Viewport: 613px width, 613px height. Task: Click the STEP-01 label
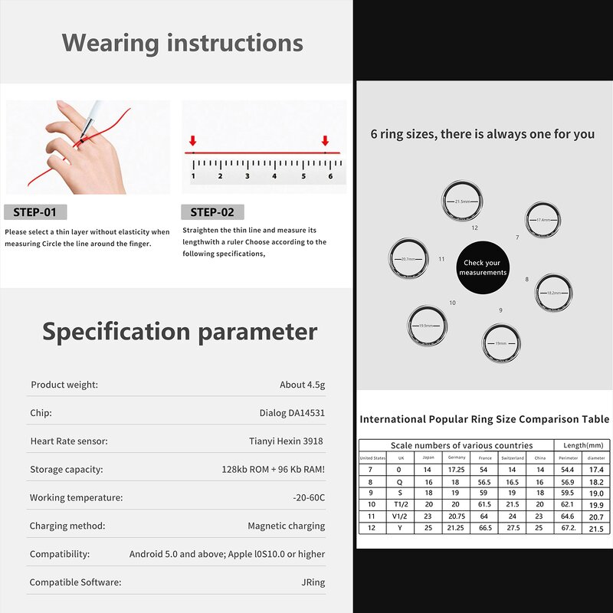(35, 212)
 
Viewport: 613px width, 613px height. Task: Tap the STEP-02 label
(212, 212)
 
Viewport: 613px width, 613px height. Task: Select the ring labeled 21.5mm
(463, 201)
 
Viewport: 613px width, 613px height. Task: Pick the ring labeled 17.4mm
(543, 221)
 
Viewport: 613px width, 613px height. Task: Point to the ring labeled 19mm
(500, 343)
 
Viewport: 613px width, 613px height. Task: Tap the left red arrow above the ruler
(193, 141)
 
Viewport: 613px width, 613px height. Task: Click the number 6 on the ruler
(330, 176)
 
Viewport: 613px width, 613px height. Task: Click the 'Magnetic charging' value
(286, 526)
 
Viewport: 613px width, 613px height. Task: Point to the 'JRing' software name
(313, 582)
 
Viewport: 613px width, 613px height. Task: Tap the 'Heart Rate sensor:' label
(69, 441)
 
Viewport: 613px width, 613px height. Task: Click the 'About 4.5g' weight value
(302, 385)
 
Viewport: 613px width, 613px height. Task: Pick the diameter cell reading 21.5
(595, 529)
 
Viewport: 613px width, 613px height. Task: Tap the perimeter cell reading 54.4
(568, 469)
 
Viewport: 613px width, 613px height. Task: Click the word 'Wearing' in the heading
(110, 42)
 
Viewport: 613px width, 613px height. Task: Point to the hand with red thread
(92, 149)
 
